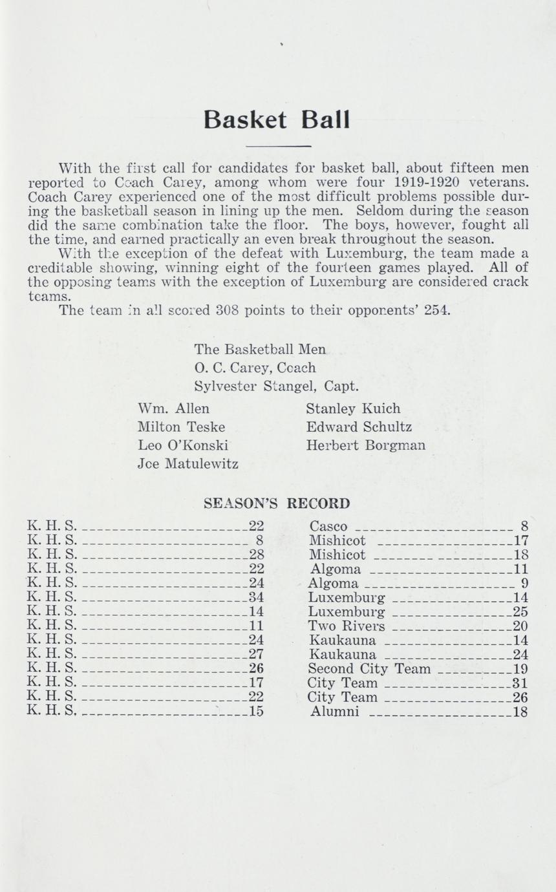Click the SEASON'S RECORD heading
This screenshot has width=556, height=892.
click(277, 503)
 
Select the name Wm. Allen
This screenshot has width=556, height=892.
click(174, 409)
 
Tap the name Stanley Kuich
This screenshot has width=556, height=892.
click(353, 409)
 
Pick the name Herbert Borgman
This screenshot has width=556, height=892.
click(365, 445)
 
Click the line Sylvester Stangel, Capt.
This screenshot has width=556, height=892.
click(276, 387)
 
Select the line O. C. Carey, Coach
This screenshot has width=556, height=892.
click(255, 368)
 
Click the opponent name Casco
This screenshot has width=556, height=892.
click(328, 526)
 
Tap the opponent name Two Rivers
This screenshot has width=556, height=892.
click(347, 626)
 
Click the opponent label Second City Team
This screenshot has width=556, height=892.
click(369, 668)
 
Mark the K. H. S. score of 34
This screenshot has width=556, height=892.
click(257, 597)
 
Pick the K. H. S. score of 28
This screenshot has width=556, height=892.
click(257, 555)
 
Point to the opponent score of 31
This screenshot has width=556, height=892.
click(520, 683)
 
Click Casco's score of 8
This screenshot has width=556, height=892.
click(524, 526)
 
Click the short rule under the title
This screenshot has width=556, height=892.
click(279, 146)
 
